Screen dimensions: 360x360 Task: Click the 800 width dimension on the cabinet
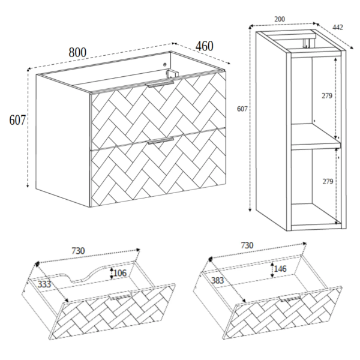(77, 53)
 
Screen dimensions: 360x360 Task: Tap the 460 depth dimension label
(205, 46)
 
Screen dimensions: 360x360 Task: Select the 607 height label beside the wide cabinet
(17, 120)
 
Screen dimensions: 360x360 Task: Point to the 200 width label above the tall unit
(280, 19)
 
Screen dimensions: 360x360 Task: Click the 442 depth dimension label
(338, 28)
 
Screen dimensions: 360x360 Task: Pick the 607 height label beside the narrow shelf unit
(242, 109)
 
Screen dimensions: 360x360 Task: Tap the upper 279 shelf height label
(327, 95)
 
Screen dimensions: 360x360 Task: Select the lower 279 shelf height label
(328, 181)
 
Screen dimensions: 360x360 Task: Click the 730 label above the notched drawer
(78, 251)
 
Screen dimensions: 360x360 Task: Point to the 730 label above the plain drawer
(247, 245)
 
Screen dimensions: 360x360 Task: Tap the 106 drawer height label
(120, 273)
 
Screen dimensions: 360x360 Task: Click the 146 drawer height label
(280, 269)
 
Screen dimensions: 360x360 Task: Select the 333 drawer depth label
(44, 284)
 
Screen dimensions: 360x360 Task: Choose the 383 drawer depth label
(217, 280)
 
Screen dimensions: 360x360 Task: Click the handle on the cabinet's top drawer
(160, 83)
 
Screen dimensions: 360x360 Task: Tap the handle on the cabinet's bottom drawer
(160, 140)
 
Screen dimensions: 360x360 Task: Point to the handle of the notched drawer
(121, 296)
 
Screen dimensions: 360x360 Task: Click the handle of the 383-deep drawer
(290, 298)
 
